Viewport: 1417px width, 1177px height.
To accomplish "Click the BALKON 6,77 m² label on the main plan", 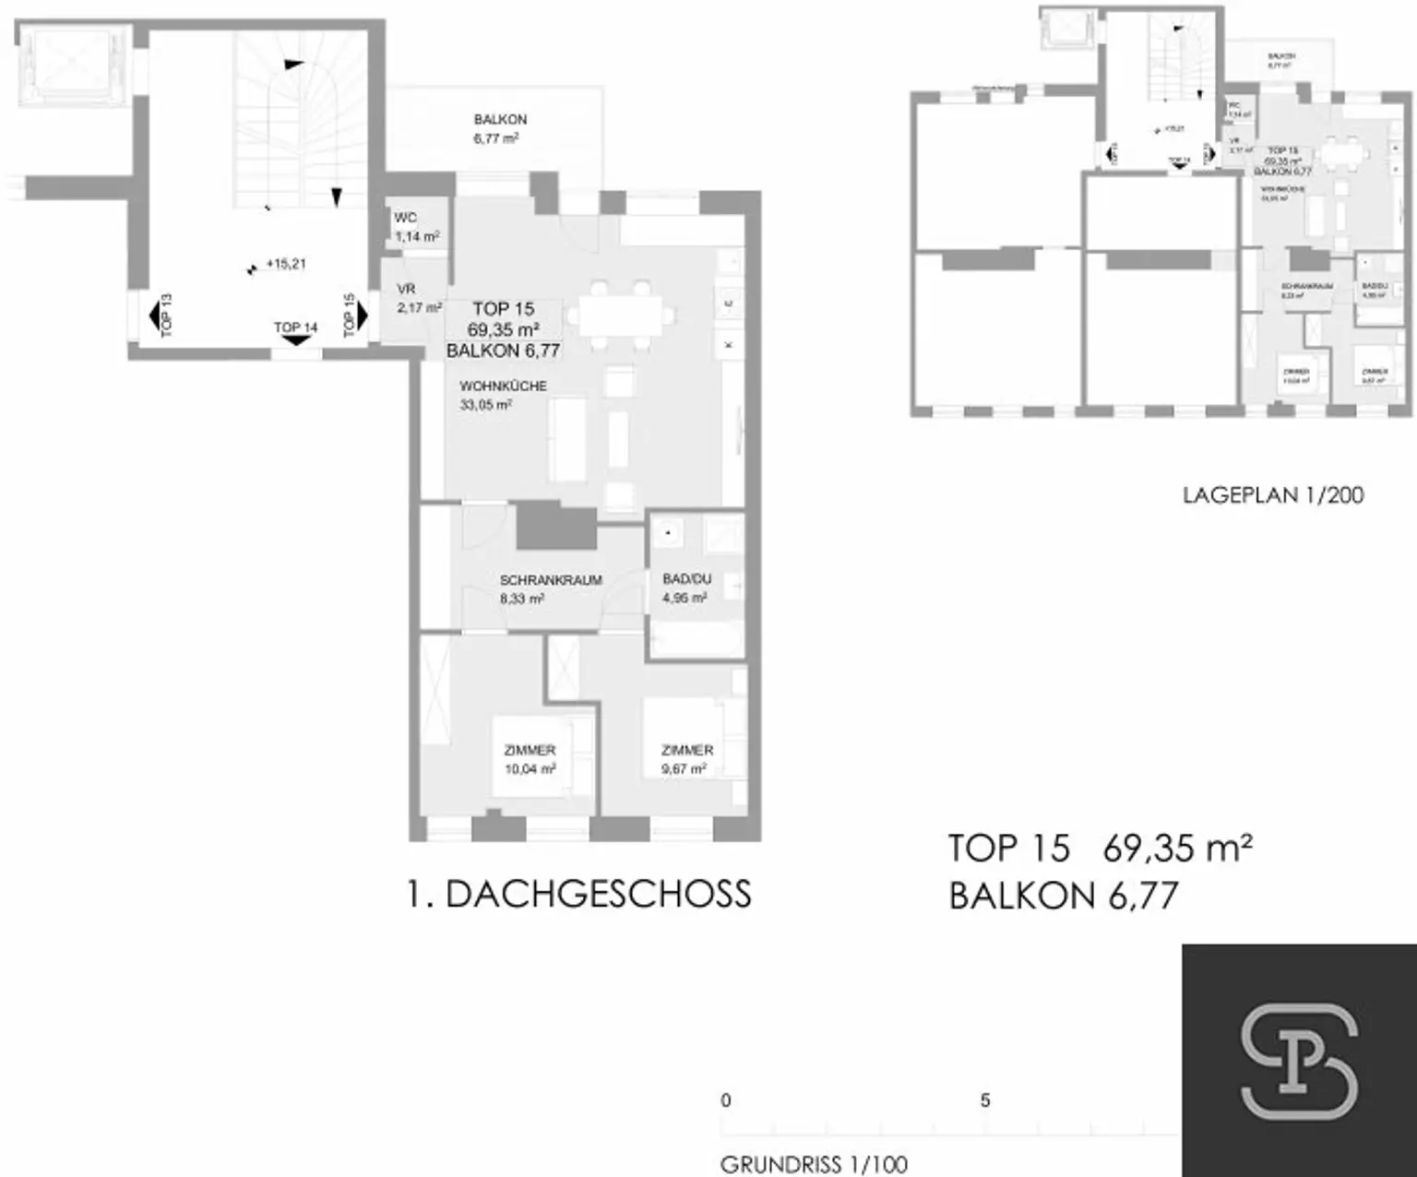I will (499, 129).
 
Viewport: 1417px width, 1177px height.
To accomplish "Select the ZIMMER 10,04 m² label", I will (530, 759).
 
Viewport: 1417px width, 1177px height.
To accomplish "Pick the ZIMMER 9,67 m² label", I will (686, 759).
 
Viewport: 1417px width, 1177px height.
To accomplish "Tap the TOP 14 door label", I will (295, 328).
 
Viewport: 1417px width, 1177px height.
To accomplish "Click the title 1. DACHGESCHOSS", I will (579, 895).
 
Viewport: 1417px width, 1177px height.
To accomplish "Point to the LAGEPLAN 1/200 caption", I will (1272, 495).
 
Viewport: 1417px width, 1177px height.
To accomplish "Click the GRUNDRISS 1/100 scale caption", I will (813, 1164).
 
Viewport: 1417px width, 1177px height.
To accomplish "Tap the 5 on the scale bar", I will (985, 1100).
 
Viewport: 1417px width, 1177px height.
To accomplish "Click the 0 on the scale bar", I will (726, 1100).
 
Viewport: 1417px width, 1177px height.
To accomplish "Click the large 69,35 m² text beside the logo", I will (1177, 848).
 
